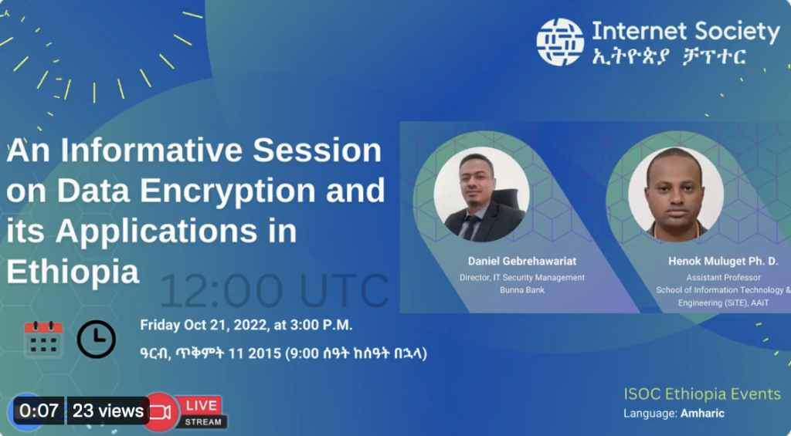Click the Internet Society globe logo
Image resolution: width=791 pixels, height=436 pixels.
tap(560, 42)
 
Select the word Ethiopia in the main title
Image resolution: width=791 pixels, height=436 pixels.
tap(73, 272)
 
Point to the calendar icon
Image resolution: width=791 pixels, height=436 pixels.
tap(43, 340)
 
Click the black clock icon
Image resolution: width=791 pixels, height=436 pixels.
tap(97, 339)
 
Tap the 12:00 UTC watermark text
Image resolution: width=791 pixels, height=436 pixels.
tap(274, 291)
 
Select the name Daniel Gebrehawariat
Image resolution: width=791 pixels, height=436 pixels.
tap(521, 261)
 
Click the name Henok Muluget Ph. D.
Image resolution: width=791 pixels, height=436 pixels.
tap(723, 261)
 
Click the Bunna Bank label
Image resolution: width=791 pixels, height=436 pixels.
tap(522, 290)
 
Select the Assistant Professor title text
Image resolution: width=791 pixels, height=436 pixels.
tap(723, 277)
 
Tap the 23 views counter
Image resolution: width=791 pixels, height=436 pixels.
tap(108, 411)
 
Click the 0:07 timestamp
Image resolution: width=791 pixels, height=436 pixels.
tap(39, 411)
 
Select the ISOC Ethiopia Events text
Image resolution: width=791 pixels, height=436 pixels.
tap(701, 394)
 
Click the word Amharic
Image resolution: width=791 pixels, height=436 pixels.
tap(702, 414)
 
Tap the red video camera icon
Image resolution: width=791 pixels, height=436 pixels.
tap(160, 412)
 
